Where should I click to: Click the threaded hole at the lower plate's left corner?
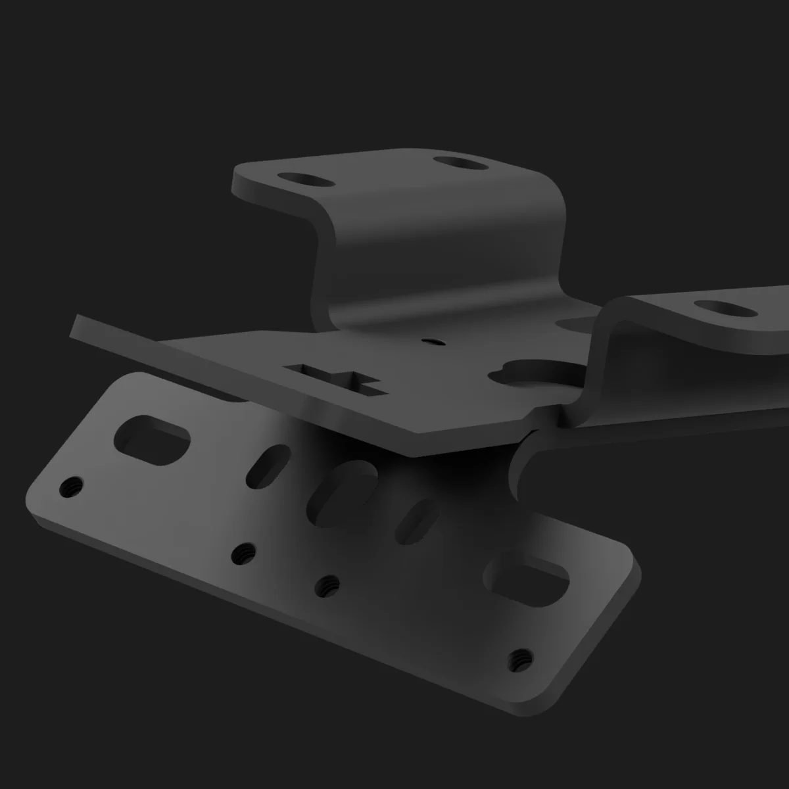(x=70, y=487)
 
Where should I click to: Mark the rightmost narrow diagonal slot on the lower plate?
(x=415, y=517)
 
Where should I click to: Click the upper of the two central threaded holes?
(x=245, y=553)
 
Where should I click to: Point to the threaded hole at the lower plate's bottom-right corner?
(x=521, y=656)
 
